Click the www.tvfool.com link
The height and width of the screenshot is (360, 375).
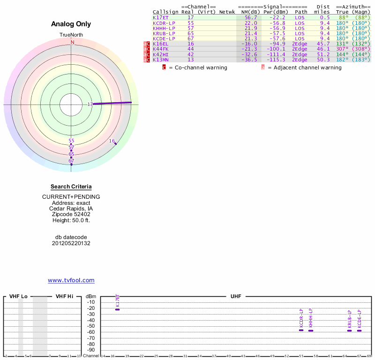(71, 280)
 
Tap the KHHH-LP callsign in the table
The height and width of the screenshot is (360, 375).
(164, 28)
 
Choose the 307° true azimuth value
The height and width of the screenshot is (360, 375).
(342, 49)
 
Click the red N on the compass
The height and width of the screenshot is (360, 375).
(72, 42)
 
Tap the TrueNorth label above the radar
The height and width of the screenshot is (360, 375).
(71, 35)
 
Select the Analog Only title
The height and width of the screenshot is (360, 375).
(71, 24)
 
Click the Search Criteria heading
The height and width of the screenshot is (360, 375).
(71, 187)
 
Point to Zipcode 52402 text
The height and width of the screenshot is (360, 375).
(71, 214)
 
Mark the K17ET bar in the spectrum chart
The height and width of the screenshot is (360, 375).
(117, 309)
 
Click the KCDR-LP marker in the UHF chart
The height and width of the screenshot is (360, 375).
(301, 330)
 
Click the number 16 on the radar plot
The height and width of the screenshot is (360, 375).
(112, 141)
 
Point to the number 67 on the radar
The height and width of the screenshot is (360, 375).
(71, 161)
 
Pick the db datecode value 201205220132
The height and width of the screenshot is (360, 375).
(71, 243)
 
